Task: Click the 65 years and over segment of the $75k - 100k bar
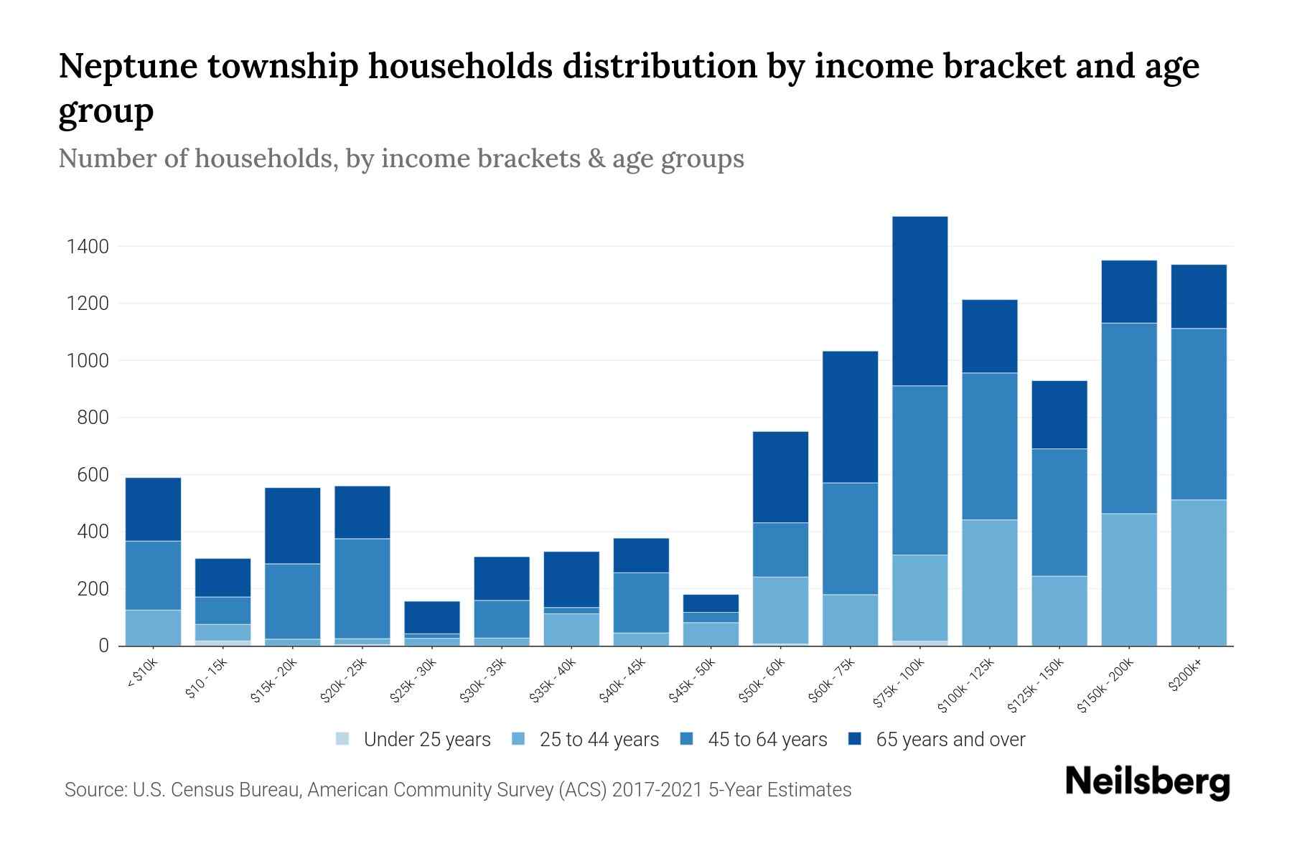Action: pos(919,301)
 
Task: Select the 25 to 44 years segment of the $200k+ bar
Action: pos(1198,573)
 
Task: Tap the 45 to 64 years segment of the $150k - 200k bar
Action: pos(1128,418)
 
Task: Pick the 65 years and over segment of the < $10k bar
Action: pos(153,509)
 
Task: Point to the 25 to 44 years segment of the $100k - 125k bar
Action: pos(989,583)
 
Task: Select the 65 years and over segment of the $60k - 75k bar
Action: pos(850,417)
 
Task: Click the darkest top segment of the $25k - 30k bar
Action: pos(431,617)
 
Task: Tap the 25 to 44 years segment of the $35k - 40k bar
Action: pos(571,629)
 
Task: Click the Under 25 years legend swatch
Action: pos(343,739)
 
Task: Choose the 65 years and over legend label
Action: pos(950,740)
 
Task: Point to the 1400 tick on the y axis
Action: pos(87,247)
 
